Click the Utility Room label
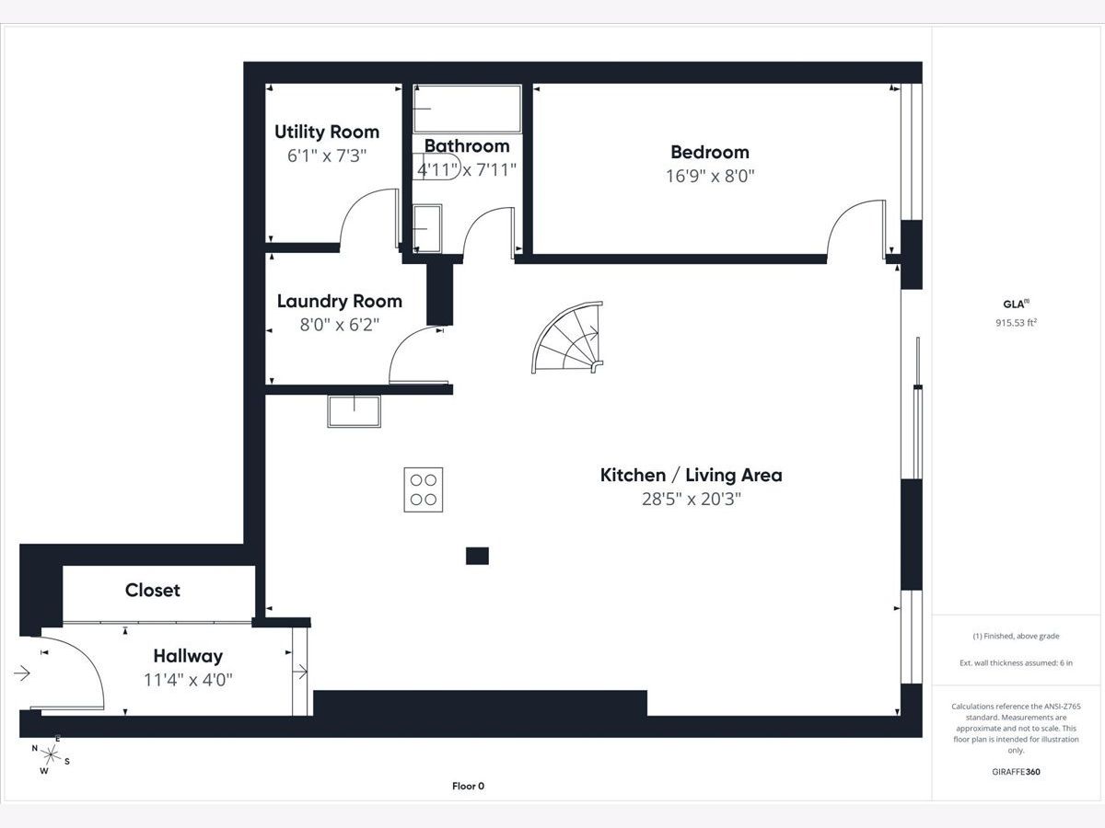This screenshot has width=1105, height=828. [327, 132]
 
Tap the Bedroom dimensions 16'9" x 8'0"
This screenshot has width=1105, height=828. [710, 176]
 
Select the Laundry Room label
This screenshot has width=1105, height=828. [339, 301]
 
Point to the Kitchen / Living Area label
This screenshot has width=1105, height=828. [692, 475]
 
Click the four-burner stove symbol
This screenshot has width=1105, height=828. [424, 489]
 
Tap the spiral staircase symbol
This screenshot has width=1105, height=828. [568, 338]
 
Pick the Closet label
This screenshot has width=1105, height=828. [153, 590]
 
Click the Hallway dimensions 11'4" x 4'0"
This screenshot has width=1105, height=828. [188, 680]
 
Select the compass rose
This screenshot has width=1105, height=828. [51, 754]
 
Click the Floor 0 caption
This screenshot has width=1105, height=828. [468, 786]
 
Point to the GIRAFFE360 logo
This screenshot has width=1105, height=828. [1016, 771]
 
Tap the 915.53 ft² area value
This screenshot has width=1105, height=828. [1016, 323]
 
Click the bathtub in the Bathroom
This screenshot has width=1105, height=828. [467, 109]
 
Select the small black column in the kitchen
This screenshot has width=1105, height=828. [477, 556]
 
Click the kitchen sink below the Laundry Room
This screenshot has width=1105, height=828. [354, 411]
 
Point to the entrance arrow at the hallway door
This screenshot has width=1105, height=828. [22, 673]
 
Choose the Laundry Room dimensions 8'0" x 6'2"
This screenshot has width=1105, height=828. [339, 325]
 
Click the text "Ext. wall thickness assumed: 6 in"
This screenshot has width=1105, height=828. [1016, 663]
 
